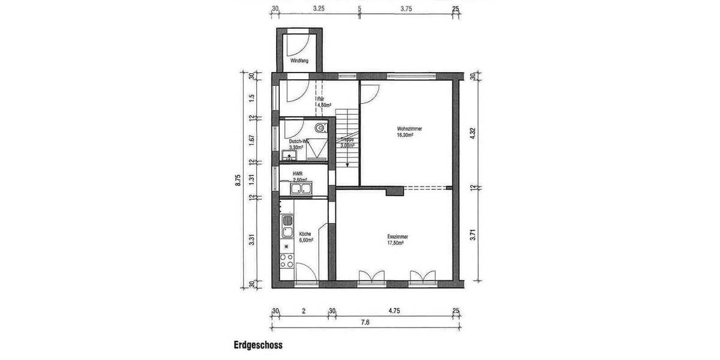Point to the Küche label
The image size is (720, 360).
tap(305, 233)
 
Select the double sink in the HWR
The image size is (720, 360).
tap(304, 190)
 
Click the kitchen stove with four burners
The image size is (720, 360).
tap(287, 260)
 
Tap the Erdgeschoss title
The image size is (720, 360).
tap(258, 345)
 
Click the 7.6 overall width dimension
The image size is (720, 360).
tap(365, 323)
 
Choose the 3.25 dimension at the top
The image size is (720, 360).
tap(319, 9)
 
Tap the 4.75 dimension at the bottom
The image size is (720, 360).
tap(394, 311)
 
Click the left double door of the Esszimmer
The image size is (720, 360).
tap(371, 276)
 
